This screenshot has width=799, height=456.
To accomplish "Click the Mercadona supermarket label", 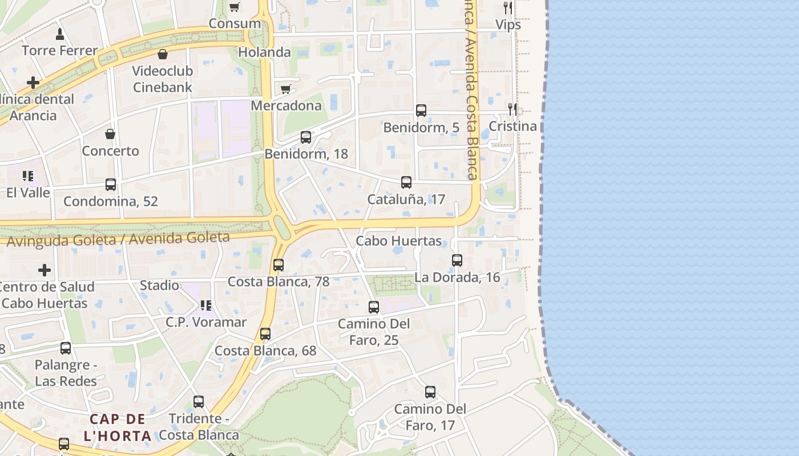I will pos(286,105).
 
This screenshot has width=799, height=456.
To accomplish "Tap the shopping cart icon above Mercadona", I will pos(286,89).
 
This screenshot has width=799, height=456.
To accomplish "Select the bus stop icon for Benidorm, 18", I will pos(306,137).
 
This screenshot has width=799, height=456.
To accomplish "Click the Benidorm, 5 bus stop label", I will pos(421,127).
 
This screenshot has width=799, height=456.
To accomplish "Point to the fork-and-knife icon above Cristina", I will pos(513,109).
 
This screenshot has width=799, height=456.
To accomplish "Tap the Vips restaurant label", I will pos(508,25).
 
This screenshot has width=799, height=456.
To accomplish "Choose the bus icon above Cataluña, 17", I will pos(406,182).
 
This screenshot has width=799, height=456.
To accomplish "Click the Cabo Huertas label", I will pos(399,241).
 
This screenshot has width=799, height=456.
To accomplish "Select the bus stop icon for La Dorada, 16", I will pos(457,260).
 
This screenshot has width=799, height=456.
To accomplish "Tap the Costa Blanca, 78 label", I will pos(279,282).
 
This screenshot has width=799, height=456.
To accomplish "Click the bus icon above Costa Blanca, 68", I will pos(265,334).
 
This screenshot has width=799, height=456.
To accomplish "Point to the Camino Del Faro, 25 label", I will pos(374,332).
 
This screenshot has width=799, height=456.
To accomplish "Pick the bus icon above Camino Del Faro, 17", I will pos(430,392).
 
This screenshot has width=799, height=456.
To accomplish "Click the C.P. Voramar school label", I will pos(206,322).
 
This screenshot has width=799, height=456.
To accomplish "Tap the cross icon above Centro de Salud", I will pos(45,270).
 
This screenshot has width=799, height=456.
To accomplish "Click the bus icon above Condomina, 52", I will pos(111,185).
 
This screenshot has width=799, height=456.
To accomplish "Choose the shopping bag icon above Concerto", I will pos(110,135).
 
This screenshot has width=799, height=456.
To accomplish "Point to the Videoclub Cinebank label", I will pos(163,79).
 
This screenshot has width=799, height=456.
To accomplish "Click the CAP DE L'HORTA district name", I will pos(118,427).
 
